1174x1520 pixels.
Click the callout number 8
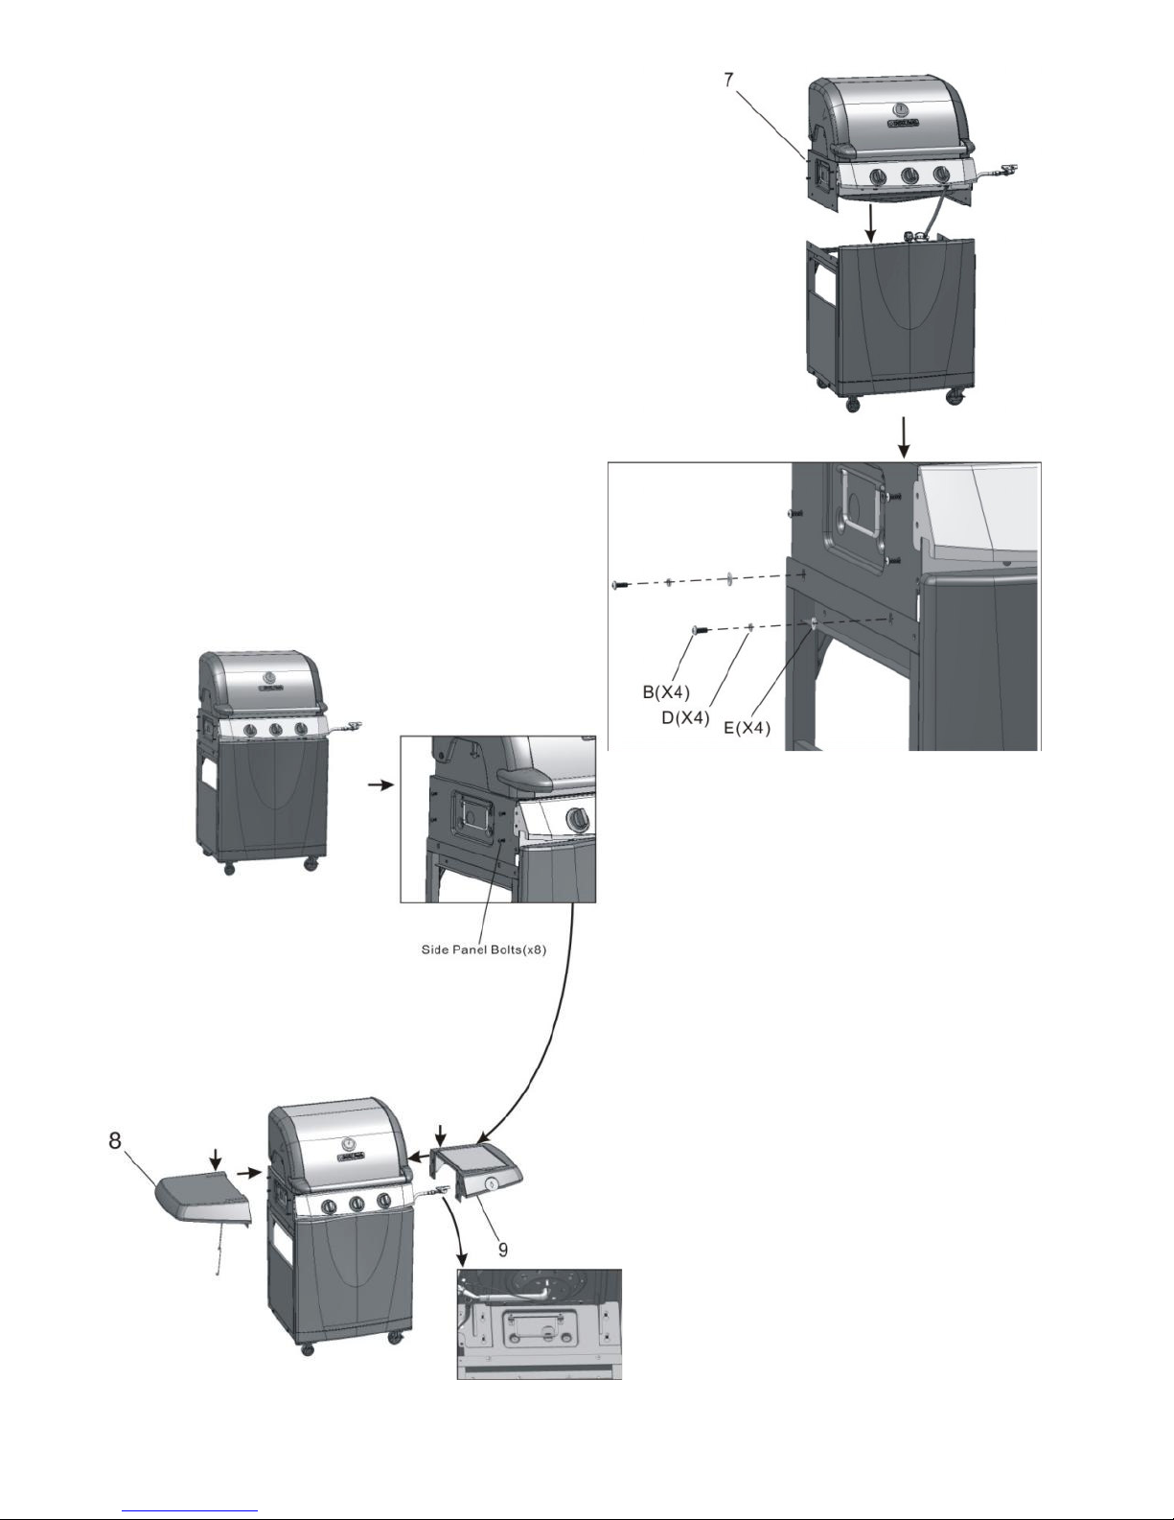click(x=115, y=1142)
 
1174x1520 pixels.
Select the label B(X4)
click(x=666, y=690)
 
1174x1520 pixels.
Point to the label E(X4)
click(x=748, y=730)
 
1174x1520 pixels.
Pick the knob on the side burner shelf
click(x=492, y=1184)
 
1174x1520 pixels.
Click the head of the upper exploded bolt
click(x=617, y=584)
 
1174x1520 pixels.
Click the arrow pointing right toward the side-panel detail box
click(x=380, y=784)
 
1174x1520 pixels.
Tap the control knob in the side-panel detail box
click(x=577, y=819)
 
